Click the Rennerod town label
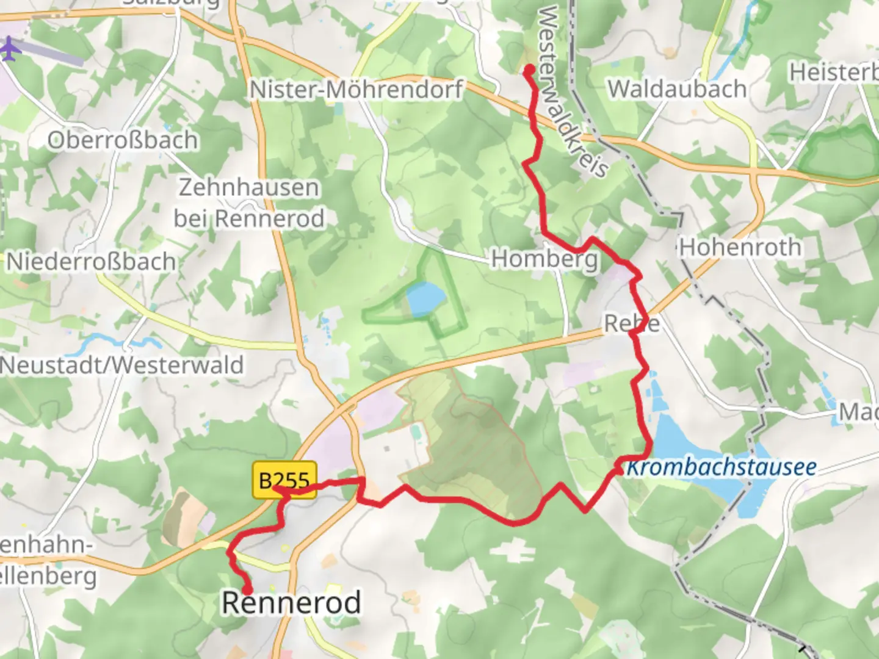[x=291, y=603]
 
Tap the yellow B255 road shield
[x=284, y=480]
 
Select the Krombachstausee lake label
[x=722, y=467]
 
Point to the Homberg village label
[x=544, y=259]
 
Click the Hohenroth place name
[x=740, y=247]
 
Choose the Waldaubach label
[x=677, y=89]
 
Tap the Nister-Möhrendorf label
[x=356, y=90]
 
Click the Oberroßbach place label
[x=123, y=140]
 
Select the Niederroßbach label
[x=91, y=262]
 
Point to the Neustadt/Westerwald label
[x=122, y=365]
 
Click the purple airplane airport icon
[x=9, y=48]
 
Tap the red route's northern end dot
[x=529, y=70]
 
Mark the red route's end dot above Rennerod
[x=248, y=589]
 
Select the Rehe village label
[x=632, y=323]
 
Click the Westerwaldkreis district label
[x=571, y=92]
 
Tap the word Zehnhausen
[x=248, y=187]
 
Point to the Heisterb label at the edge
[x=833, y=73]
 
